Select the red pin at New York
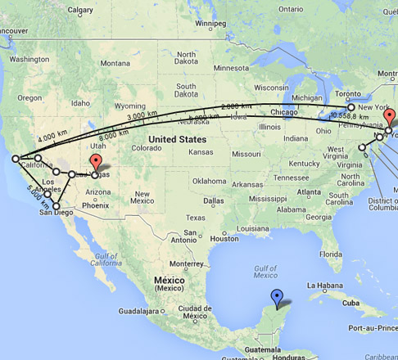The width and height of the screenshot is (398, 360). coord(390,118)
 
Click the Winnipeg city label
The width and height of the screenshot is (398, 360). coord(209,24)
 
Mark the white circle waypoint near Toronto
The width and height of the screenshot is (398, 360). coord(351,107)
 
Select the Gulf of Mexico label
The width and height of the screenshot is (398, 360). coord(266,272)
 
